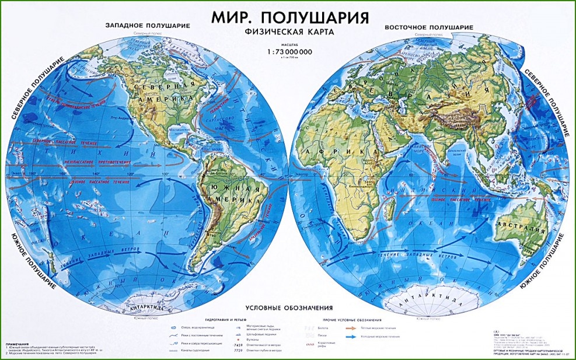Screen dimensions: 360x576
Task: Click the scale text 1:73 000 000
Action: [x=289, y=53]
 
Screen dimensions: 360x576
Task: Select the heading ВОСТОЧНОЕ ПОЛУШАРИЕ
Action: [x=428, y=27]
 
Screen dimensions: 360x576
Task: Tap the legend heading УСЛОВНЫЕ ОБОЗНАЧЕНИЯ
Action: [x=288, y=307]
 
